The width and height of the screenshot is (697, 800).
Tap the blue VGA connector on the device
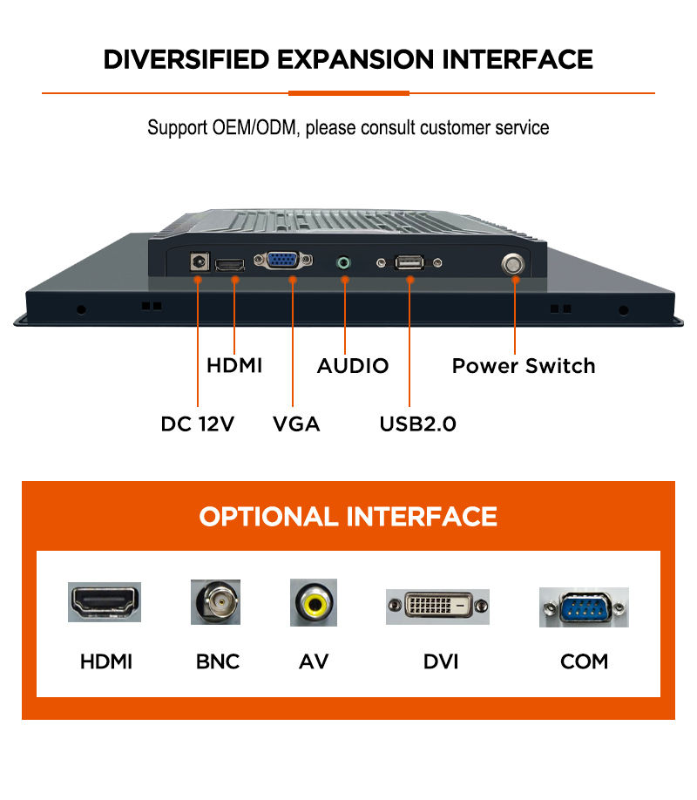pyautogui.click(x=282, y=260)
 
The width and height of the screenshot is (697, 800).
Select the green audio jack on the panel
pyautogui.click(x=345, y=261)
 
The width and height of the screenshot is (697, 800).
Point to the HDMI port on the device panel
pyautogui.click(x=230, y=263)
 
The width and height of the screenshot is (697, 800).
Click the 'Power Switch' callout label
pyautogui.click(x=523, y=365)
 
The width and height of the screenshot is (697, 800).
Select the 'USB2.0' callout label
pyautogui.click(x=417, y=424)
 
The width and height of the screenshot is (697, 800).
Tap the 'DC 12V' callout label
pyautogui.click(x=197, y=424)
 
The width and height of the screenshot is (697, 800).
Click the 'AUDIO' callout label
pyautogui.click(x=352, y=365)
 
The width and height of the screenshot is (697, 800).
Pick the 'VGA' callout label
pyautogui.click(x=296, y=424)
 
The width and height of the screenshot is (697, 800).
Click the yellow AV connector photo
pyautogui.click(x=314, y=602)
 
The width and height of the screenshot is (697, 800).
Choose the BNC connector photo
pyautogui.click(x=215, y=602)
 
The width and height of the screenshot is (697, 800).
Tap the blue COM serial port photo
pyautogui.click(x=583, y=607)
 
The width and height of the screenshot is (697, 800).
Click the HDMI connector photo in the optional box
pyautogui.click(x=105, y=601)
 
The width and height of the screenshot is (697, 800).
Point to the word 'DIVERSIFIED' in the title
pyautogui.click(x=186, y=59)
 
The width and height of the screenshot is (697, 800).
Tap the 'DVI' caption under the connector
pyautogui.click(x=440, y=661)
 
